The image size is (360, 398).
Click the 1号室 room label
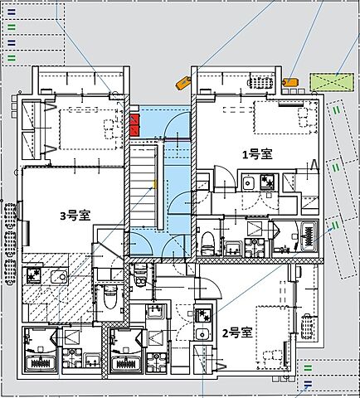[x=256, y=153]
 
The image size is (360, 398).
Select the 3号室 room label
[x=75, y=216]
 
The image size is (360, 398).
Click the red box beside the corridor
[x=135, y=126]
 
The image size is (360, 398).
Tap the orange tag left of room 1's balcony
[x=183, y=81]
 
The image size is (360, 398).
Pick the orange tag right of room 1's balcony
[x=290, y=82]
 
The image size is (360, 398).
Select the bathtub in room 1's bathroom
[x=311, y=235]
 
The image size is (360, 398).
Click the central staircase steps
[x=146, y=182]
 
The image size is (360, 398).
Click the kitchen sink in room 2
[x=203, y=334]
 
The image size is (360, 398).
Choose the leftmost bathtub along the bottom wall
[x=40, y=362]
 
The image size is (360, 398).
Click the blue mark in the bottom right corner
[x=308, y=383]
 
